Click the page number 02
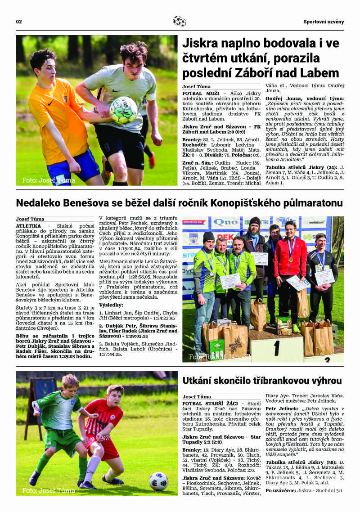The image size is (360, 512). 19,22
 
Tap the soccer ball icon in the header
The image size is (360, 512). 180,21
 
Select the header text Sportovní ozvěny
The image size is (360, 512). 323,22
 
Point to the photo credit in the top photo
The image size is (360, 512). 49,180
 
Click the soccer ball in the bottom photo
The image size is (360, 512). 158,481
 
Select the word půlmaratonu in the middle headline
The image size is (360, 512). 308,203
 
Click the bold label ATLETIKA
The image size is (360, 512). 28,225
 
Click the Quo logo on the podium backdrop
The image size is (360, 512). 226,222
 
